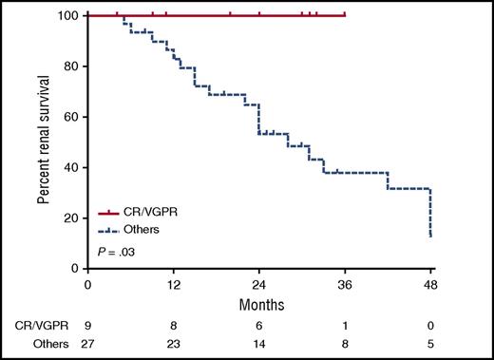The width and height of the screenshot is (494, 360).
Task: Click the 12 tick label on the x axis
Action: point(174,283)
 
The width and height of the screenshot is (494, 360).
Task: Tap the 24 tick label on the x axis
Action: point(259,283)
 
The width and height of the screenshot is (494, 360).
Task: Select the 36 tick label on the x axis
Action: point(345,283)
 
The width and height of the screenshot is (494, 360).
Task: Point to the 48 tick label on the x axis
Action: point(430,283)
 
